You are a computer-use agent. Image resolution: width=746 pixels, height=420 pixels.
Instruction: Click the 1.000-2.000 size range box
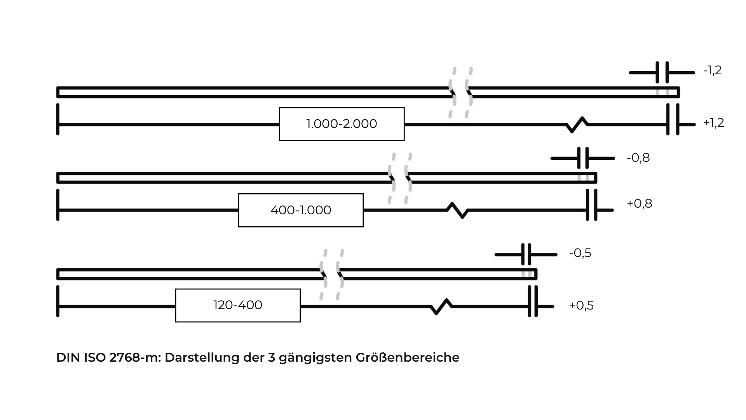coord(342,124)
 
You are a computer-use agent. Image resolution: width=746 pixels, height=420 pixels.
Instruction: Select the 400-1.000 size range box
coord(301,210)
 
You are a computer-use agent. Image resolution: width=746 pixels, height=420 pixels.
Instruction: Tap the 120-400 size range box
coord(238,305)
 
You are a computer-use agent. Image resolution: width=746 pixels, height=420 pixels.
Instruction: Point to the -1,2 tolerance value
coord(712,70)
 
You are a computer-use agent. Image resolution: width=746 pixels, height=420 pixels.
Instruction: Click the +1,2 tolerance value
coord(713,123)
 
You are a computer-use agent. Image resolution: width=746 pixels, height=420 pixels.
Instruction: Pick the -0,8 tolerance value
coord(638,158)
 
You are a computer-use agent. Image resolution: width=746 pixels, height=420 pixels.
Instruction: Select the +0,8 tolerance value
coord(639,204)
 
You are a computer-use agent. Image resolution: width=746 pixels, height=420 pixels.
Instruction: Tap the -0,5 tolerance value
coord(580,253)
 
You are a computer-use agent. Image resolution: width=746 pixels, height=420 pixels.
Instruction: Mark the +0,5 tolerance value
coord(581,306)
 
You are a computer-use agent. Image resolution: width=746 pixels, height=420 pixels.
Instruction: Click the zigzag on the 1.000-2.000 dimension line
coord(577,124)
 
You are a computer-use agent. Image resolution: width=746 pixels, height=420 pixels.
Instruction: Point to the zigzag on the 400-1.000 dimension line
coord(457,210)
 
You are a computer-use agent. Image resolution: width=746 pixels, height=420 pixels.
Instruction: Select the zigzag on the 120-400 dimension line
coord(441,306)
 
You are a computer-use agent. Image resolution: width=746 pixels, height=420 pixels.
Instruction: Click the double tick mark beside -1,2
coord(662,72)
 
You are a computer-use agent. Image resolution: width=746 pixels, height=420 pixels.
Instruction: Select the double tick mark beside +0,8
coord(592,205)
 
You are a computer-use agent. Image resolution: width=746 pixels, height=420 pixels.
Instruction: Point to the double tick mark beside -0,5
coord(526,255)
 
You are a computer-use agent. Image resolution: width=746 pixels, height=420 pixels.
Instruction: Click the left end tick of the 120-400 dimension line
coord(58,301)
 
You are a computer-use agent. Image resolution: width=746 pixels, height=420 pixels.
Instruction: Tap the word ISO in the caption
coord(95,358)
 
